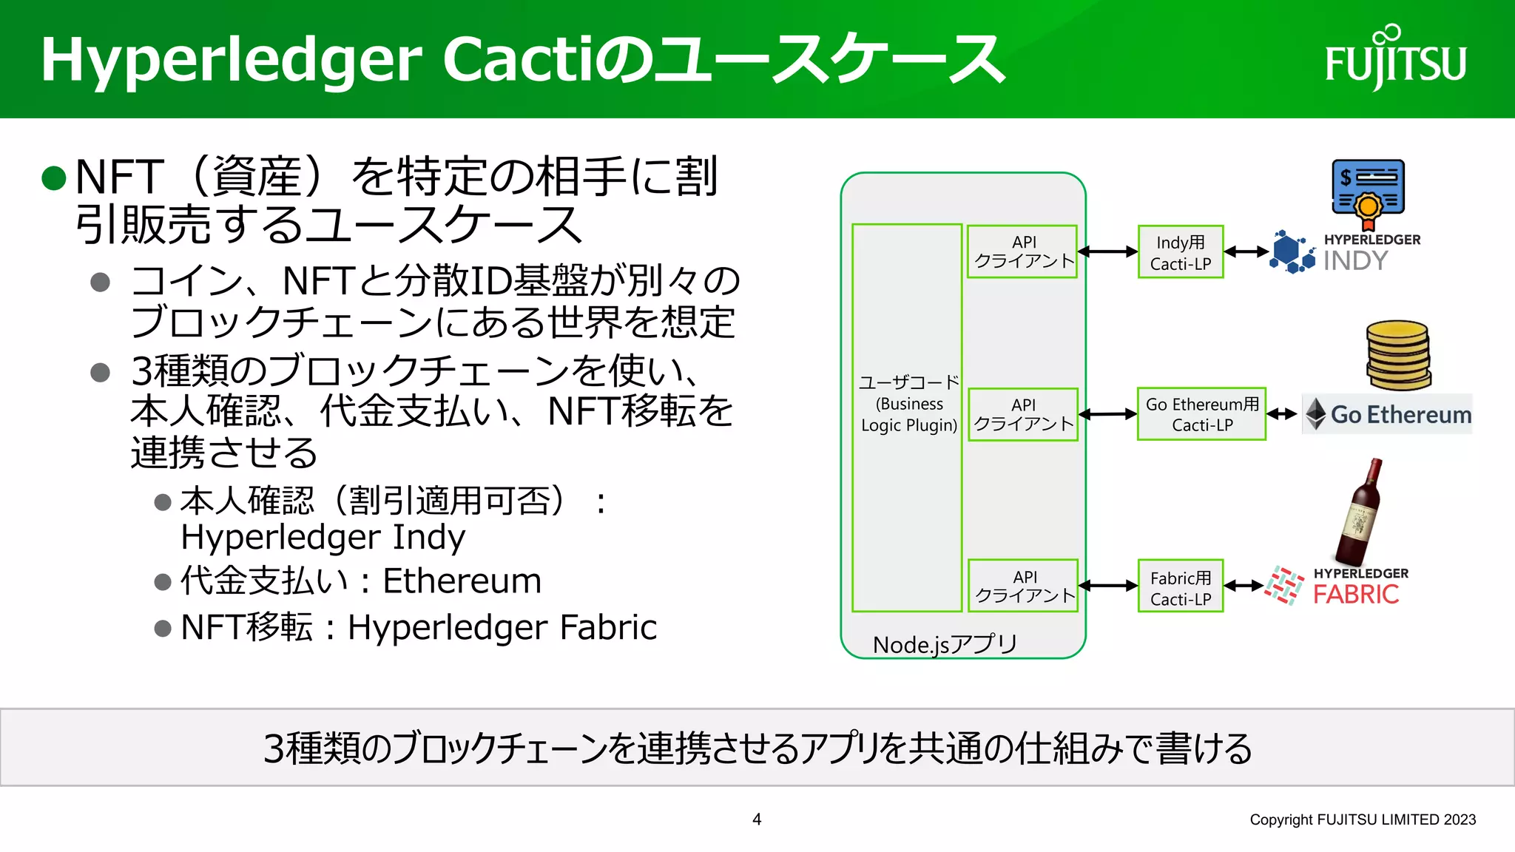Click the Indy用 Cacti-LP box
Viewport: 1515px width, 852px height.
tap(1180, 252)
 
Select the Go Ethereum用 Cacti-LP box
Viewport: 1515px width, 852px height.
tap(1201, 414)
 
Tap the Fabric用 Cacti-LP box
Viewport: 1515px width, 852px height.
tap(1180, 586)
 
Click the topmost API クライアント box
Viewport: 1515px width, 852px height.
tap(1022, 251)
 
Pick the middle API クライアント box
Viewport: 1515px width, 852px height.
tap(1022, 414)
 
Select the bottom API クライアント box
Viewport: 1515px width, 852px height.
tap(1023, 586)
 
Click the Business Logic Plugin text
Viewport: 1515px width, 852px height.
tap(908, 415)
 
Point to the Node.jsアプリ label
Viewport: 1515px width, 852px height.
tap(945, 644)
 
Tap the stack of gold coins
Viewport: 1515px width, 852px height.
tap(1397, 356)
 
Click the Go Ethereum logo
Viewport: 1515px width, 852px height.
tap(1387, 414)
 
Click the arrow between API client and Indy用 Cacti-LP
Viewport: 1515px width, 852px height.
tap(1107, 251)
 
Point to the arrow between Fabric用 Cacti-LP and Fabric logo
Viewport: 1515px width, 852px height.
tap(1244, 586)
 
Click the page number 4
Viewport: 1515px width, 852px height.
tap(756, 819)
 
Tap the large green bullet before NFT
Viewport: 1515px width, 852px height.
tap(54, 178)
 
